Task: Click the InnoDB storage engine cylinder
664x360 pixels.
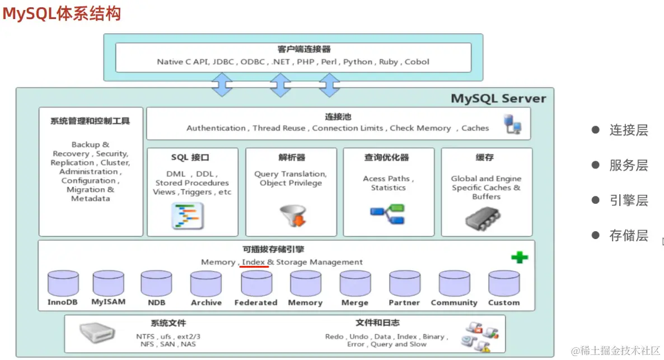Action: click(x=63, y=283)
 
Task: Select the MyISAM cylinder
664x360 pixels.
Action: click(x=109, y=283)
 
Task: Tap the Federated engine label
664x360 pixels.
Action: click(x=256, y=302)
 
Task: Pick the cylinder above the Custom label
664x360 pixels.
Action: click(x=504, y=283)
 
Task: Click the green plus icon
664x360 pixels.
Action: click(x=520, y=258)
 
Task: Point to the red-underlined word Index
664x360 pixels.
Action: click(x=254, y=262)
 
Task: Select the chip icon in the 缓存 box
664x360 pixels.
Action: click(x=486, y=218)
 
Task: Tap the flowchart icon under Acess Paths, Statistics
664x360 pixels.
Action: click(x=387, y=214)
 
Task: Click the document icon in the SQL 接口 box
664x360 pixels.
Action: click(x=187, y=216)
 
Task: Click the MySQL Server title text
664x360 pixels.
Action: click(x=498, y=99)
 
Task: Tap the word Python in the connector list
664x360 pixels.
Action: click(x=358, y=62)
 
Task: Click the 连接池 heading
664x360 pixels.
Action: click(x=338, y=116)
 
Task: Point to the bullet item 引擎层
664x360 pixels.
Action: click(x=628, y=201)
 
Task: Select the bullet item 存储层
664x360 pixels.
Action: click(x=628, y=236)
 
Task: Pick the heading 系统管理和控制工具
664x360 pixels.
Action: click(x=90, y=121)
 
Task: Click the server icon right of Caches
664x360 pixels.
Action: click(x=512, y=124)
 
